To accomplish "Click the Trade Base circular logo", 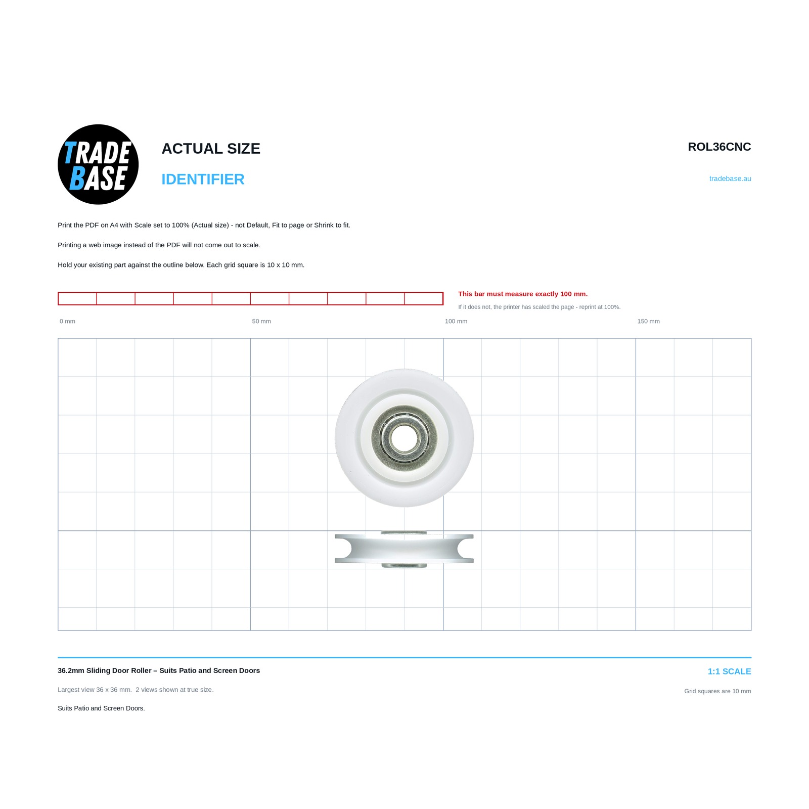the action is (98, 164).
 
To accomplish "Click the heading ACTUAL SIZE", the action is (211, 149).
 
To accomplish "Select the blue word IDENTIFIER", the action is (203, 179).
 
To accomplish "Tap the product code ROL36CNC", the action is (719, 147).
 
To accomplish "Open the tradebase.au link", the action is (730, 178).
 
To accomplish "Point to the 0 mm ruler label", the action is (67, 321).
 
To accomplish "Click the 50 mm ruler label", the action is (261, 321).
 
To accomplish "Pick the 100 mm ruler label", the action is (456, 321).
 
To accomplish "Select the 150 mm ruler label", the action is (648, 321).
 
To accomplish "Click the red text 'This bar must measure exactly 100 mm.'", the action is (523, 294).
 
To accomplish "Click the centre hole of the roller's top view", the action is (404, 438).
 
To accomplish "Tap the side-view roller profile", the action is (404, 549).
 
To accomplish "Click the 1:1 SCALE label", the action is (729, 671).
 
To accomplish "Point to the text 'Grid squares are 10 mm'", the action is (717, 691).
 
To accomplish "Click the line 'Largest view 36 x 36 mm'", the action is (95, 690).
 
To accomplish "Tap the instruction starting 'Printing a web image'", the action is (159, 245).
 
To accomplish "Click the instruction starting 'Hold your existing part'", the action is (181, 265).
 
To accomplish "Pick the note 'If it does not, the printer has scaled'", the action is (539, 307).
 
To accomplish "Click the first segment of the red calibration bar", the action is (77, 298).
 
